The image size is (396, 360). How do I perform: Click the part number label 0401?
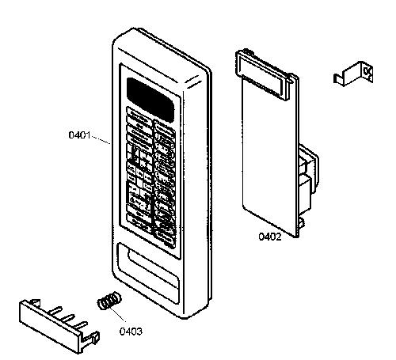(x=79, y=135)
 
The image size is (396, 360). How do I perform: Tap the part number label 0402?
(x=270, y=237)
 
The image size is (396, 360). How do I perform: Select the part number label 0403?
(x=131, y=332)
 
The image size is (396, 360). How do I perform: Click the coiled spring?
(x=109, y=301)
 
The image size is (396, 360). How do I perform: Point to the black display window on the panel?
(x=150, y=98)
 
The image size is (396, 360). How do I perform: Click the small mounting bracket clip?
(x=353, y=74)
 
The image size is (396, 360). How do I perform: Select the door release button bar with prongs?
(x=59, y=326)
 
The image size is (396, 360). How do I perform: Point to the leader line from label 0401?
(x=101, y=140)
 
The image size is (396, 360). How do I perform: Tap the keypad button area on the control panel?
(x=151, y=177)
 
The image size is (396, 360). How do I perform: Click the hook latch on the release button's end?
(x=92, y=339)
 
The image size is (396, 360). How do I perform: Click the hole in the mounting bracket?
(x=367, y=71)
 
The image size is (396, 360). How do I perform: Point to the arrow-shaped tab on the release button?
(x=36, y=302)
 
